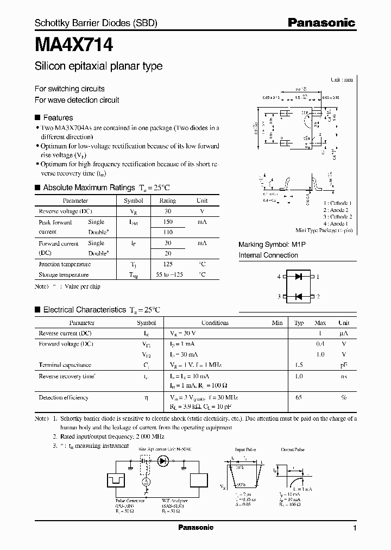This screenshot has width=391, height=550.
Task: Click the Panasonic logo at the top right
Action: (x=321, y=23)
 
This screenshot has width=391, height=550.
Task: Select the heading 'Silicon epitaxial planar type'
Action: (x=98, y=67)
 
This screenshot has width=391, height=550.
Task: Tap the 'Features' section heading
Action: (x=58, y=117)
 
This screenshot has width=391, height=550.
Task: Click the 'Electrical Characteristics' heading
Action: (x=84, y=310)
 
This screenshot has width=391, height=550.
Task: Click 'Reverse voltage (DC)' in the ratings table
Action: (x=65, y=211)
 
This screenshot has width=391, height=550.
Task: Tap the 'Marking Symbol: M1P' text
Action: (x=272, y=245)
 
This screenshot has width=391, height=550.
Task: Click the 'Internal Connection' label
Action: (x=268, y=255)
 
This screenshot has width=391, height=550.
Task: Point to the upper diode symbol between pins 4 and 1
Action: (x=298, y=277)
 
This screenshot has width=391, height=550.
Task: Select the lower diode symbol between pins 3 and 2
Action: (x=298, y=297)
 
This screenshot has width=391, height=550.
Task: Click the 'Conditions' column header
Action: (x=215, y=322)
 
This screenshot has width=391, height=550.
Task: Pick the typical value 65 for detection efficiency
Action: (x=299, y=398)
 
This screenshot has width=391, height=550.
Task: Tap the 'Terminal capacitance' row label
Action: (x=65, y=365)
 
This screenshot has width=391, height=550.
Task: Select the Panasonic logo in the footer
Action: (x=195, y=528)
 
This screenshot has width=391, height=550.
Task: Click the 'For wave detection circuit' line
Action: (x=77, y=100)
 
